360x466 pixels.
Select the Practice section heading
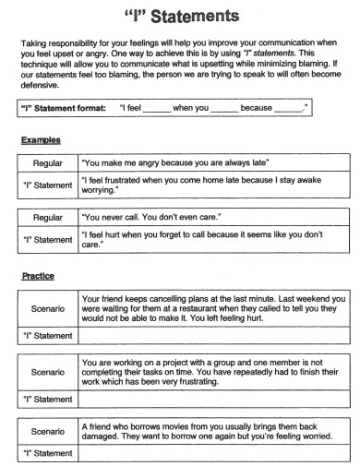(x=38, y=276)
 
